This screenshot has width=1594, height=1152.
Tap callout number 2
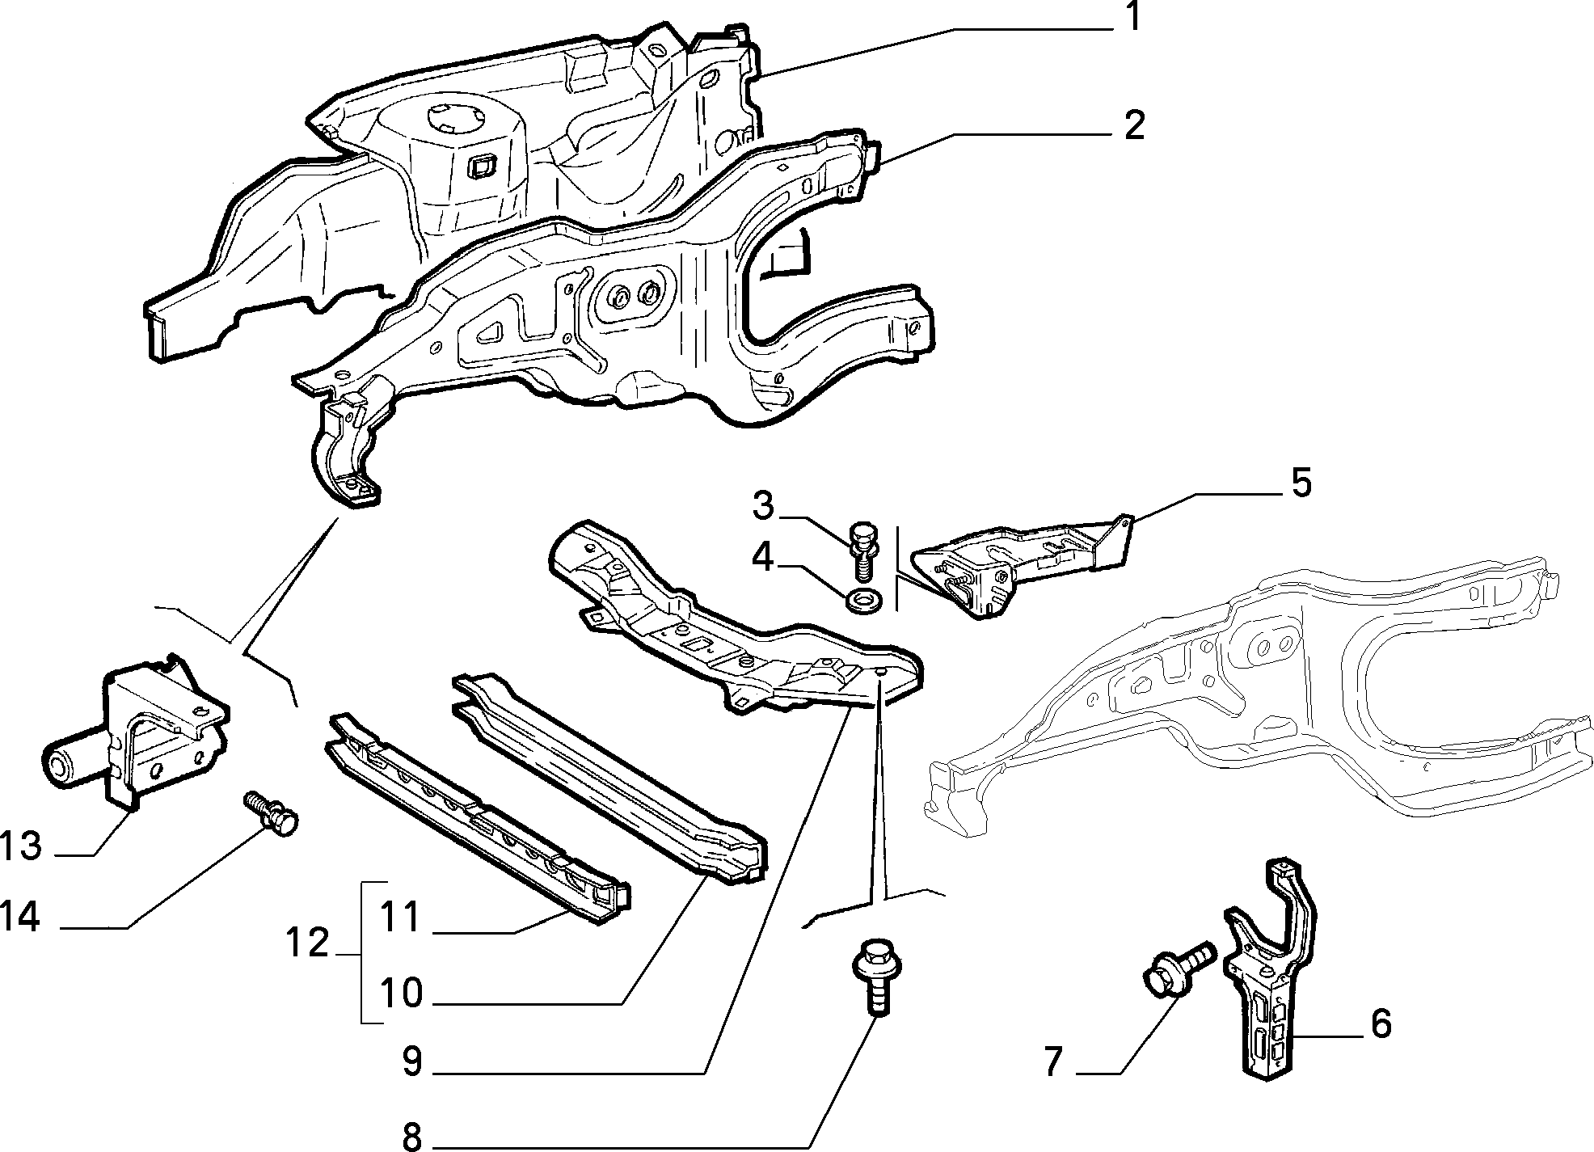(1134, 126)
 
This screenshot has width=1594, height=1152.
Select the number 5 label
(1301, 483)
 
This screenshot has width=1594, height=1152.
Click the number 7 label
(1052, 1061)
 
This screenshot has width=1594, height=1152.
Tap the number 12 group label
(308, 943)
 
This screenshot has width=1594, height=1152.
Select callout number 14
(20, 918)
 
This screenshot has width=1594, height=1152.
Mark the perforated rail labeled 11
(477, 817)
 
